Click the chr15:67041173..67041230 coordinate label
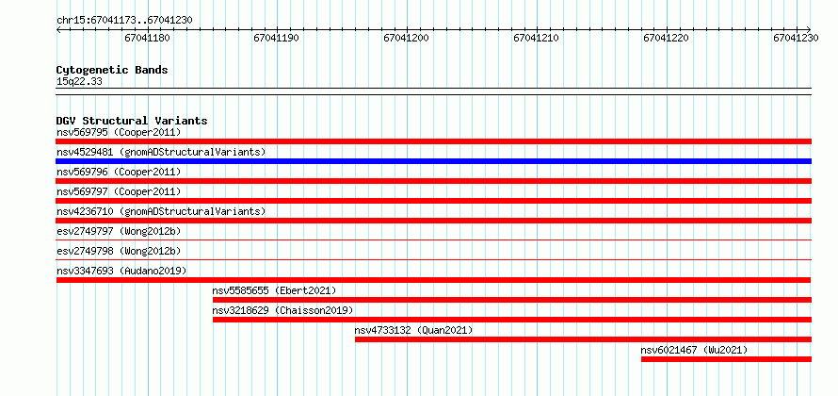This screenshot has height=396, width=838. (x=124, y=21)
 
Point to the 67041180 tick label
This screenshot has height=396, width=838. (x=148, y=38)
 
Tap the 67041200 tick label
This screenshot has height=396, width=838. (x=407, y=38)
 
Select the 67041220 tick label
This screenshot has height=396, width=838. (x=666, y=38)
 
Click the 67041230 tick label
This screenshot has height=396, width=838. (x=796, y=38)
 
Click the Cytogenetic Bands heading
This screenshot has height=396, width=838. (x=112, y=70)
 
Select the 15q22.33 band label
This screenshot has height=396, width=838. (x=79, y=82)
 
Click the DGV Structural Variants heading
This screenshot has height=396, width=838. (x=132, y=121)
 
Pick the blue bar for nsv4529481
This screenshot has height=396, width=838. (x=434, y=161)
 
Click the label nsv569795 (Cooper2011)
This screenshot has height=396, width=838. (x=120, y=132)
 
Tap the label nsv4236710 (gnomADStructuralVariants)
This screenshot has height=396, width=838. (x=161, y=211)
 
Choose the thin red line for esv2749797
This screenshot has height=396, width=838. (x=434, y=240)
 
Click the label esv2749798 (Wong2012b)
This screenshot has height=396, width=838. (x=120, y=251)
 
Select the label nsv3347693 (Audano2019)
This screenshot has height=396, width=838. (x=121, y=271)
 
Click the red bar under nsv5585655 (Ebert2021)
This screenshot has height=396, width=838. (x=512, y=300)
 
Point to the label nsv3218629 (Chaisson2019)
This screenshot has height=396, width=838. (x=282, y=310)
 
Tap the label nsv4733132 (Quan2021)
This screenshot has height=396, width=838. (x=413, y=330)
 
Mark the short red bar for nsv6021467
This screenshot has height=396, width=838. (x=726, y=359)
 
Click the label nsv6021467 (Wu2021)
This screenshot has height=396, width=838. (x=694, y=350)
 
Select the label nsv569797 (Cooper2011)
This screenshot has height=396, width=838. (x=120, y=191)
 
